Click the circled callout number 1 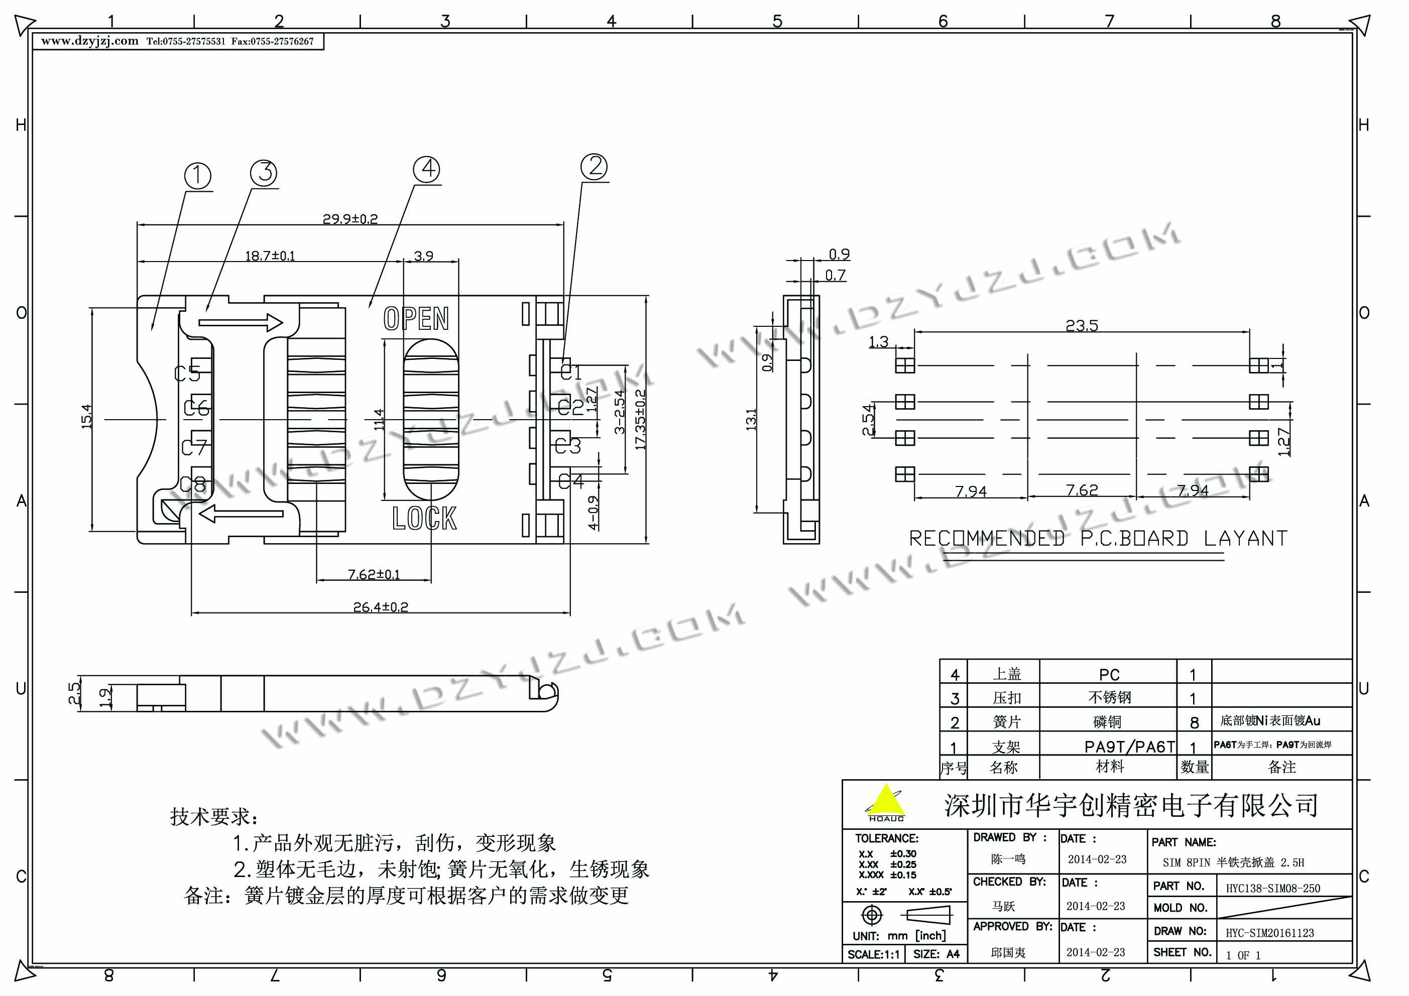point(198,176)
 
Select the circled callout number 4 point(427,169)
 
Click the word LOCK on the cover point(424,519)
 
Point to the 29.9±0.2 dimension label point(350,218)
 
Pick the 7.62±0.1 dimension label point(374,574)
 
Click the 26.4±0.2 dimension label point(381,607)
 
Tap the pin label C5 point(187,373)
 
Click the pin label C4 point(571,480)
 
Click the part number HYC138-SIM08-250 point(1273,888)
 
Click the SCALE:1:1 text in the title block point(873,954)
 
